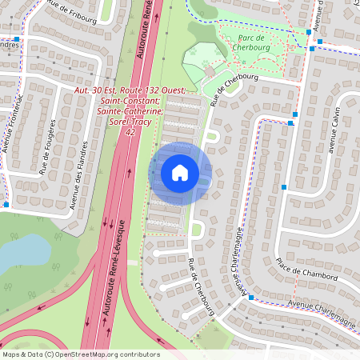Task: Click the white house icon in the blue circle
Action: coord(180,173)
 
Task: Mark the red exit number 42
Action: coord(130,133)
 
